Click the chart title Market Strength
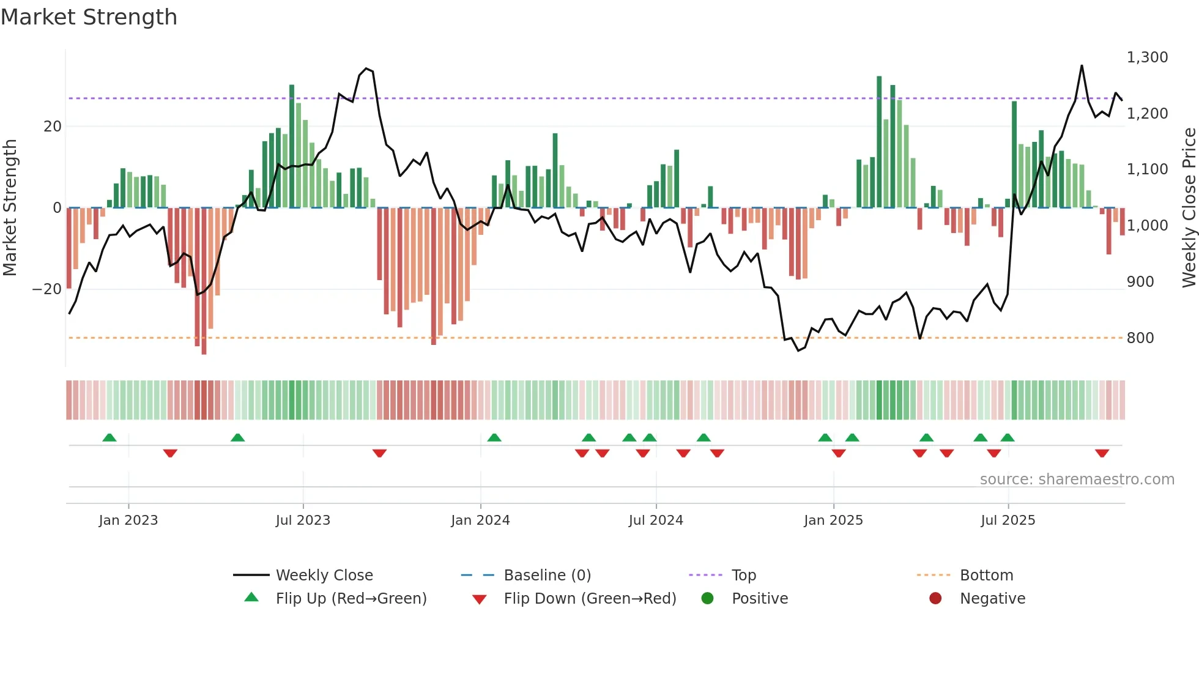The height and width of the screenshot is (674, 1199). pyautogui.click(x=89, y=17)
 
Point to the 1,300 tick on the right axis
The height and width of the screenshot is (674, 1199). pyautogui.click(x=1147, y=57)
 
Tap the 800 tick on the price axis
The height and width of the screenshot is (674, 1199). pyautogui.click(x=1140, y=338)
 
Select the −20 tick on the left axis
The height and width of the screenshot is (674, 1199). pyautogui.click(x=47, y=289)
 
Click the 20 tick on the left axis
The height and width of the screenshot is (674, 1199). pyautogui.click(x=53, y=127)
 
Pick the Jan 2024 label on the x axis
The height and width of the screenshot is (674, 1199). pyautogui.click(x=480, y=520)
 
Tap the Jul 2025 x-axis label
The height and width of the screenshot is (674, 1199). pyautogui.click(x=1008, y=520)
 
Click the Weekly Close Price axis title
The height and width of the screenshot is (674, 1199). pyautogui.click(x=1189, y=208)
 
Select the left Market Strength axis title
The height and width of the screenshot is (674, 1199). pyautogui.click(x=10, y=208)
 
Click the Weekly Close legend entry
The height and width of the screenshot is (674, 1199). pyautogui.click(x=324, y=576)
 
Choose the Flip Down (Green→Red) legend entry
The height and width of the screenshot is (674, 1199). pyautogui.click(x=589, y=599)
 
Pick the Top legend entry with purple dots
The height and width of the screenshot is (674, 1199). pyautogui.click(x=743, y=576)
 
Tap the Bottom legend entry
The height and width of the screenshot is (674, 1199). pyautogui.click(x=986, y=576)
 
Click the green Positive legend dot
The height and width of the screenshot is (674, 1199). pyautogui.click(x=707, y=599)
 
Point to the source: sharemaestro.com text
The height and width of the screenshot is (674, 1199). pyautogui.click(x=1077, y=480)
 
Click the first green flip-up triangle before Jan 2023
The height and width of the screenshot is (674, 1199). pyautogui.click(x=110, y=437)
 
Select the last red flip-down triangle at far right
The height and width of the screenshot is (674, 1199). pyautogui.click(x=1102, y=453)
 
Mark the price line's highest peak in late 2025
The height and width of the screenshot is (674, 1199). pyautogui.click(x=1082, y=66)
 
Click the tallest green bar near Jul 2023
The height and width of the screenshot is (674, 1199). pyautogui.click(x=292, y=147)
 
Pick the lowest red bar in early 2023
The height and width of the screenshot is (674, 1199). pyautogui.click(x=204, y=281)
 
